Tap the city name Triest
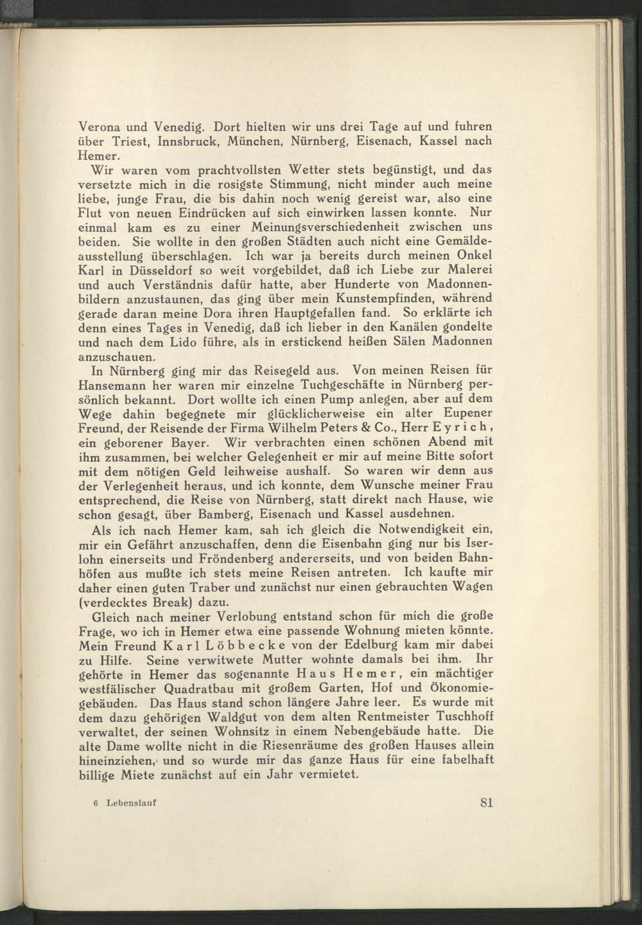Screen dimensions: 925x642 click(130, 141)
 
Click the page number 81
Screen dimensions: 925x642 click(486, 802)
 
